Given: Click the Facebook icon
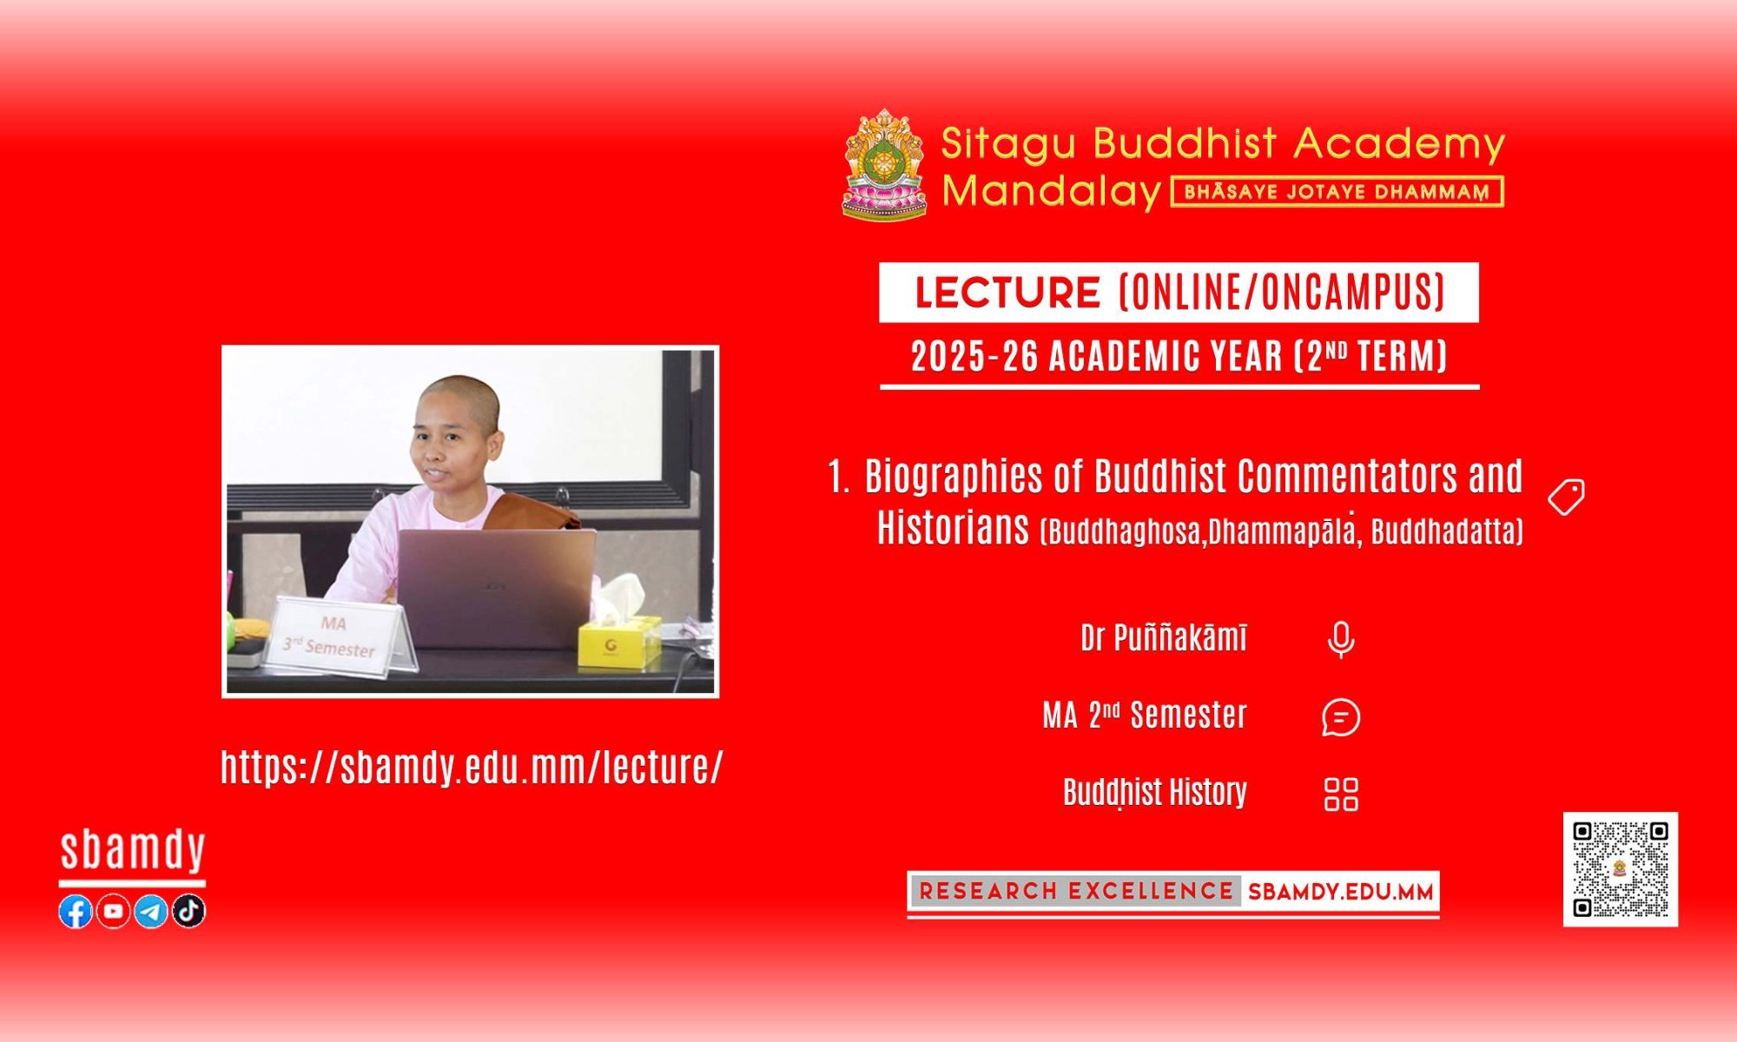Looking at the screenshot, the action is [76, 911].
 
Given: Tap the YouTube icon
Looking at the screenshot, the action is [113, 911].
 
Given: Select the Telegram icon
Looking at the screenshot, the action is [151, 911].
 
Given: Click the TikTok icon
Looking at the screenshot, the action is [188, 911].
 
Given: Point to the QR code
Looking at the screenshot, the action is [1621, 869].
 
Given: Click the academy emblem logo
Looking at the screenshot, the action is [885, 164].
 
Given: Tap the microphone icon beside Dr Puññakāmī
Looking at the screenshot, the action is [1341, 640].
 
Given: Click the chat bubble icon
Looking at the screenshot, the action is [1341, 717].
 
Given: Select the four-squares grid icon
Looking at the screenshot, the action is [1341, 794].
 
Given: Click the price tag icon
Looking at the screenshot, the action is [1567, 497].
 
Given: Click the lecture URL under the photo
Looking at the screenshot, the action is [472, 767].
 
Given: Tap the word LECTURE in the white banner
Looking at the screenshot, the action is [1007, 293].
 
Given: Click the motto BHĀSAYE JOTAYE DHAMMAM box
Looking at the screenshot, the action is [1337, 192].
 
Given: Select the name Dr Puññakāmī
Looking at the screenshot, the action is [1164, 638].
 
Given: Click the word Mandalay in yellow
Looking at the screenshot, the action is [1052, 191].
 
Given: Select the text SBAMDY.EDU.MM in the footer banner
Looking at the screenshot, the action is [1340, 892].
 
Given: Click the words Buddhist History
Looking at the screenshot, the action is [1155, 792].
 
